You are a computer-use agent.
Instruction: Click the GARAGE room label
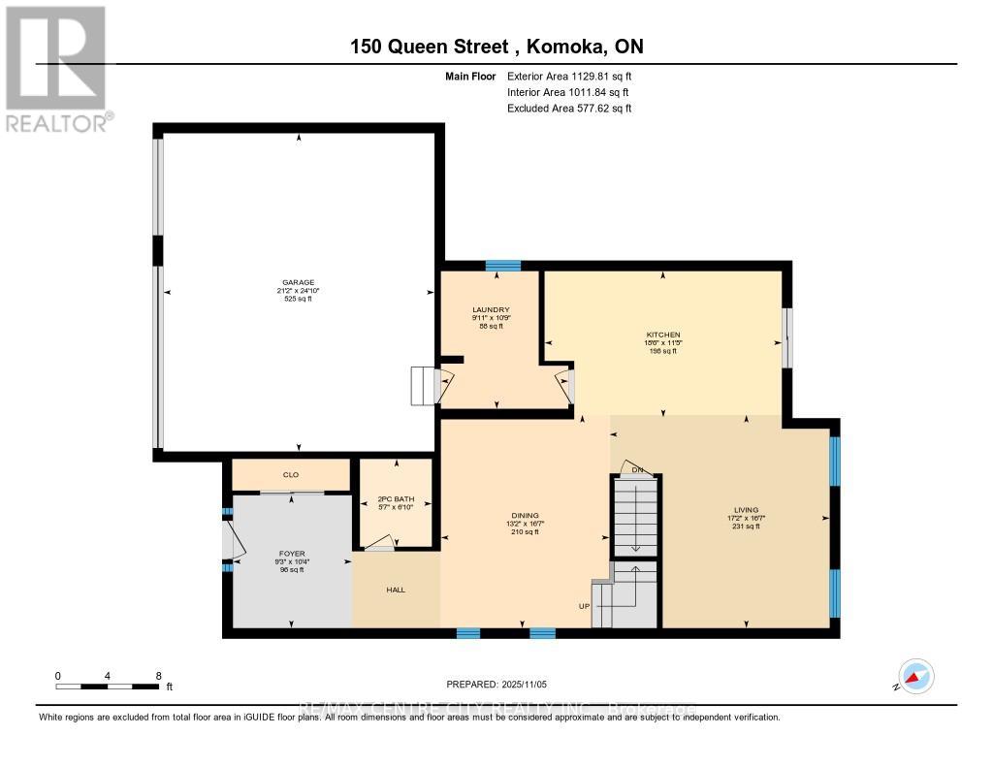pyautogui.click(x=299, y=282)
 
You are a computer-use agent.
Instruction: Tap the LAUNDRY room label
pyautogui.click(x=492, y=310)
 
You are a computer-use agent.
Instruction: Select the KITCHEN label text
pyautogui.click(x=663, y=335)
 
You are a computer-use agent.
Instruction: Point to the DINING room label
pyautogui.click(x=526, y=516)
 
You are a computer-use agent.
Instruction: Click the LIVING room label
pyautogui.click(x=746, y=510)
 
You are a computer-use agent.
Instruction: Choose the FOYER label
pyautogui.click(x=291, y=554)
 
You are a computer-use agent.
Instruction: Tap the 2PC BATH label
pyautogui.click(x=395, y=499)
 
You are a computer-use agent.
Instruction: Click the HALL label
pyautogui.click(x=396, y=588)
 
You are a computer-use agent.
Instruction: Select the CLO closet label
pyautogui.click(x=289, y=475)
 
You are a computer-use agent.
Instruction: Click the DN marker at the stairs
pyautogui.click(x=637, y=470)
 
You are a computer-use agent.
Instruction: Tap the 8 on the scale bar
pyautogui.click(x=158, y=675)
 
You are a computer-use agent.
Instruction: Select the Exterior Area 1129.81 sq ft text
pyautogui.click(x=569, y=76)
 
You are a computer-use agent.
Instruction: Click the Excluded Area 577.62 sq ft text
pyautogui.click(x=569, y=109)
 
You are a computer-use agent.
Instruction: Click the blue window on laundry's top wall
pyautogui.click(x=503, y=265)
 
